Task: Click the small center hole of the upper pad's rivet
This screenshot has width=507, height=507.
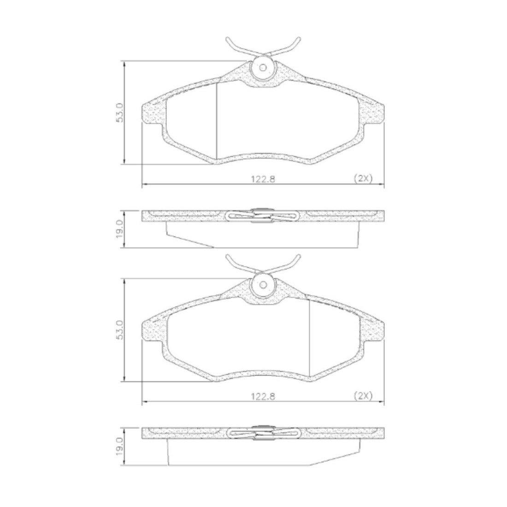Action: click(263, 68)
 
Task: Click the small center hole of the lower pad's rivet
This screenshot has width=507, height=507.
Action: click(263, 285)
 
